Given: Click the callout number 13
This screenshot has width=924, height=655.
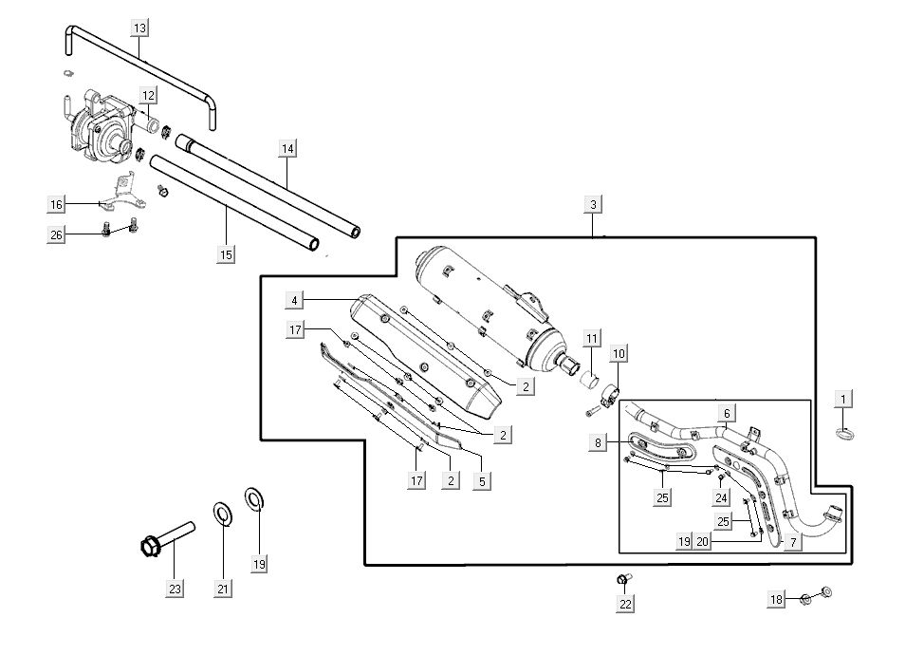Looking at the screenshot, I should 139,28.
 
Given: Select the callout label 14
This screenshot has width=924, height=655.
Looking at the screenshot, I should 288,148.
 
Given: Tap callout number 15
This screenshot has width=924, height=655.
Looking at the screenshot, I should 226,254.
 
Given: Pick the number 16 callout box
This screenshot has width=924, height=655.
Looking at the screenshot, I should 56,204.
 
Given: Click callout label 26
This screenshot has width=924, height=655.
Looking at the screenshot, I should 56,235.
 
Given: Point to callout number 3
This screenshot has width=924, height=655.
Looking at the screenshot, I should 593,204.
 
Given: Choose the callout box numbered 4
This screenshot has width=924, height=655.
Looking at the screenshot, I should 295,300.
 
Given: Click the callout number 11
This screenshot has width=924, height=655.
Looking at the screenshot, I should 591,339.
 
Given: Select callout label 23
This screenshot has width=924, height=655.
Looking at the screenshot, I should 175,589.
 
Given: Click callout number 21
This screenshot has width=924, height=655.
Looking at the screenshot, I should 223,589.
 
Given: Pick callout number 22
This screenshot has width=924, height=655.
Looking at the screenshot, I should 625,603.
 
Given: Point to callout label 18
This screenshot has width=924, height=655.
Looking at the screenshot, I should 777,599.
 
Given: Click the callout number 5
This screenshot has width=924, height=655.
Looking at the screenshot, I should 482,481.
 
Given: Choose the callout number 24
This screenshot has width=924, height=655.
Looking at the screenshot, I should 721,496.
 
